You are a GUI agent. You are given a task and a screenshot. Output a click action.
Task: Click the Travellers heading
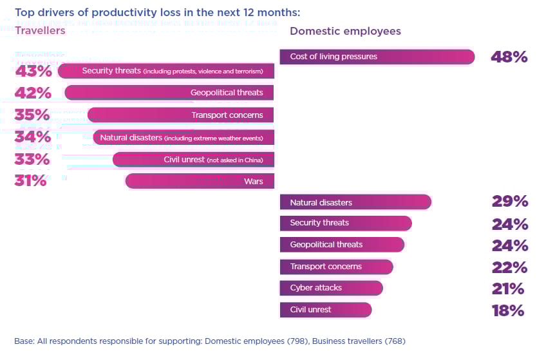pos(40,30)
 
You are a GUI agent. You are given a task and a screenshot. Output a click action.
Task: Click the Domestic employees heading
pos(345,31)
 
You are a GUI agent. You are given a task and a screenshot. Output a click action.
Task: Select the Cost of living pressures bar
pos(377,57)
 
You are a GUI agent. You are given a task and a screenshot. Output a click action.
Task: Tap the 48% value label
pos(509,57)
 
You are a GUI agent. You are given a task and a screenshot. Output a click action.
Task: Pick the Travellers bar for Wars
pos(200,181)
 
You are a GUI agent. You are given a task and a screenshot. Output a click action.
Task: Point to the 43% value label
pos(33,71)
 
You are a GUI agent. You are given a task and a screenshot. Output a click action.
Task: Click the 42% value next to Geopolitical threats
pos(33,93)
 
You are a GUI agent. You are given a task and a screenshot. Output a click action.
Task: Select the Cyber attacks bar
pos(331,288)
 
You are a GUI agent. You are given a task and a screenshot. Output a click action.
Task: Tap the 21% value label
pos(509,289)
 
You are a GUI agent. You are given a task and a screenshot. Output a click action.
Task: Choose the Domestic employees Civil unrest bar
pos(325,310)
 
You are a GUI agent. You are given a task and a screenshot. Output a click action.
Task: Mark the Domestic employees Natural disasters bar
pos(355,202)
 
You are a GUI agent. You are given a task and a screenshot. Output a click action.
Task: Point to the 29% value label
pos(509,202)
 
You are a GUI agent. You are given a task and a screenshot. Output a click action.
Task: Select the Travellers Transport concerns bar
pos(180,115)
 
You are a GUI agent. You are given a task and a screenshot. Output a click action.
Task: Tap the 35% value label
pos(33,115)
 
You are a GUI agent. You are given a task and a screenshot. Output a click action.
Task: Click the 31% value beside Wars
pos(30,182)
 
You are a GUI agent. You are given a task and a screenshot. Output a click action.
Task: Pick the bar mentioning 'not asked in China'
pos(193,159)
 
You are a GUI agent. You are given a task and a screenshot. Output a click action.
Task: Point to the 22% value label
pos(509,267)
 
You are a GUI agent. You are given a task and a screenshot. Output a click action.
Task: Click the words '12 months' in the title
pos(276,12)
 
